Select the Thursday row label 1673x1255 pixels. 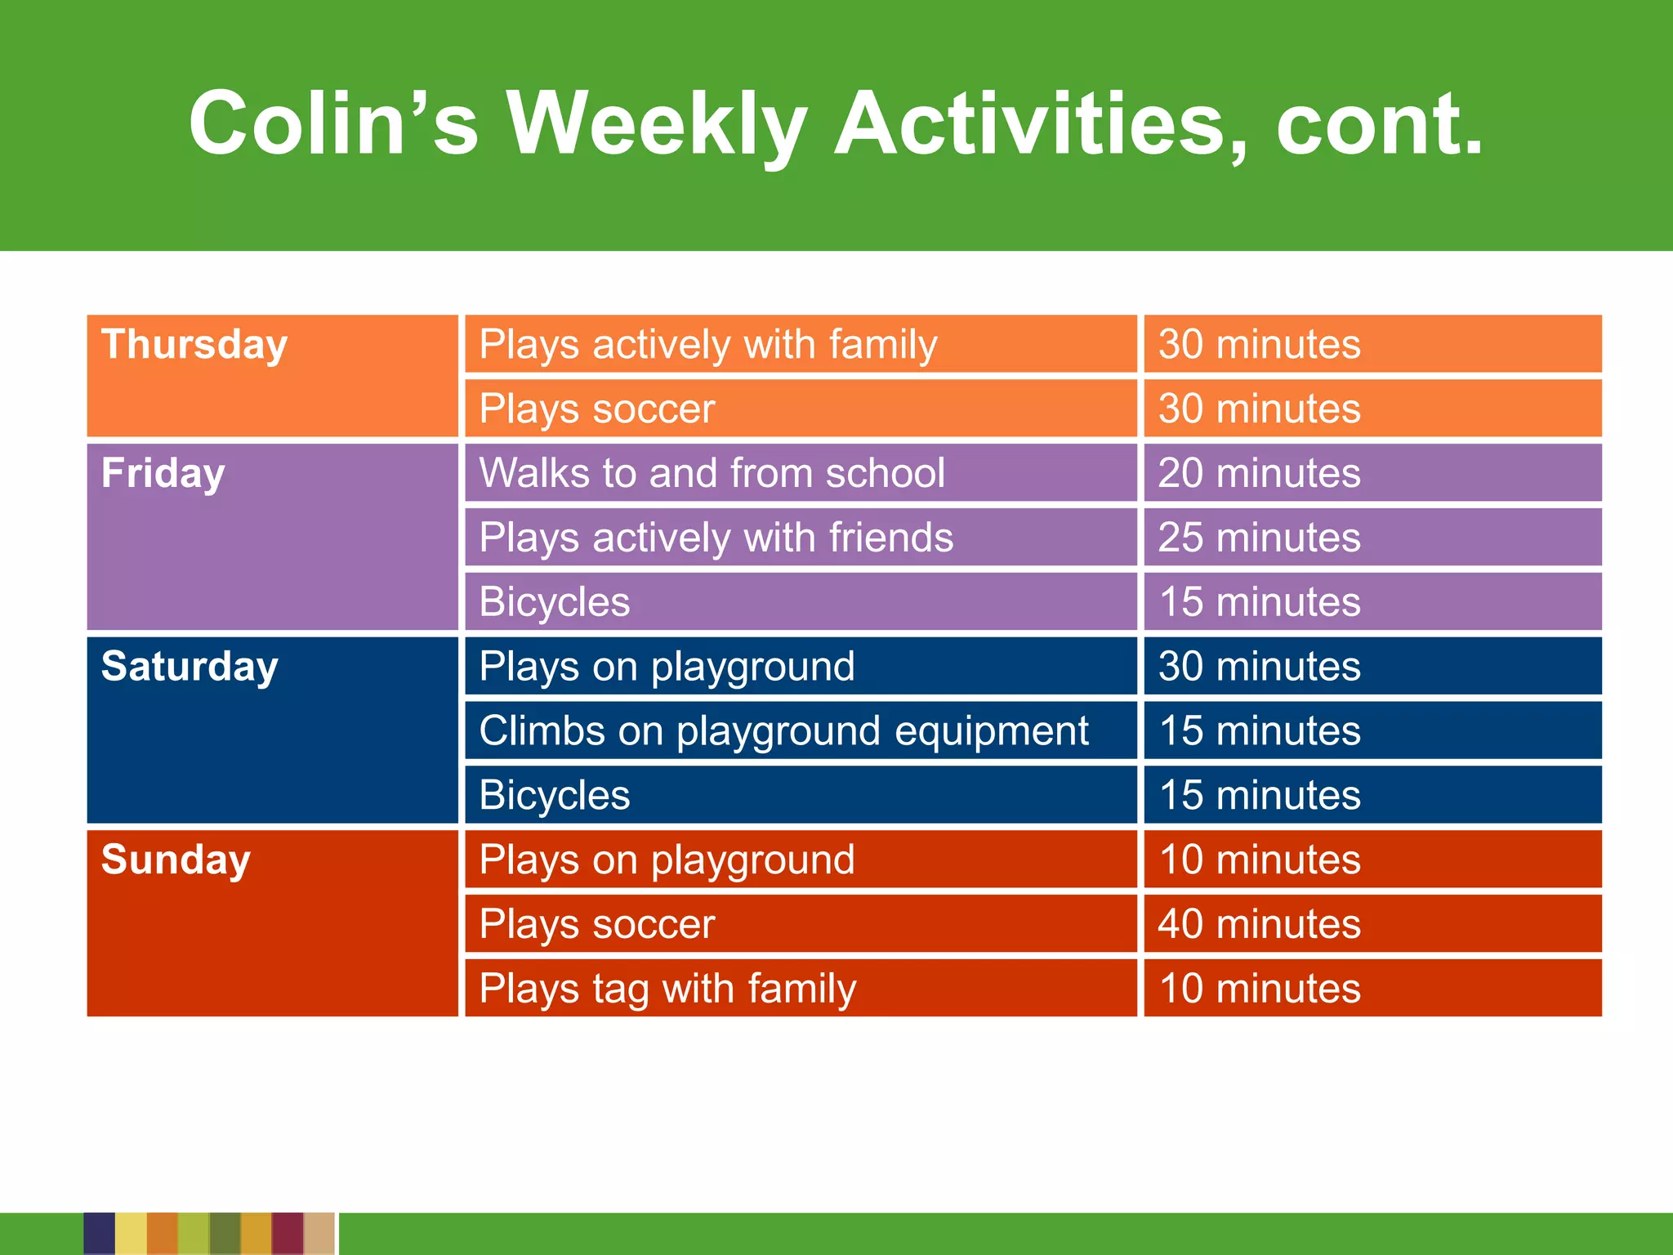coord(194,345)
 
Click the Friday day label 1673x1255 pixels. coord(163,474)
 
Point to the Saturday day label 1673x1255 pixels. coord(190,667)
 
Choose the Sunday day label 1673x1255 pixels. coord(176,860)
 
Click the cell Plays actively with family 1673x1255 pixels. coord(707,345)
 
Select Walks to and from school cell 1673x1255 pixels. coord(712,473)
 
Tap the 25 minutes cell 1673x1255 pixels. coord(1259,538)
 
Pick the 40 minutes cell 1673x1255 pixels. coord(1259,924)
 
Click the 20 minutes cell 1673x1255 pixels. coord(1259,473)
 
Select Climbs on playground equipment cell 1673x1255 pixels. coord(783,730)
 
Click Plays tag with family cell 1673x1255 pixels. coord(667,989)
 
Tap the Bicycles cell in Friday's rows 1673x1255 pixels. coord(555,602)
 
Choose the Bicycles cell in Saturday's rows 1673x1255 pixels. coord(555,795)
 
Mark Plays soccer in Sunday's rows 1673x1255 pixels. coord(596,924)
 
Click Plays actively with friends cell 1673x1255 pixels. coord(716,538)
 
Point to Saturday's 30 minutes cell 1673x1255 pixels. coord(1259,667)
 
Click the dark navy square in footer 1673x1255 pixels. coord(99,1233)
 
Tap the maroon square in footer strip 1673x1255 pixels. coord(288,1233)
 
